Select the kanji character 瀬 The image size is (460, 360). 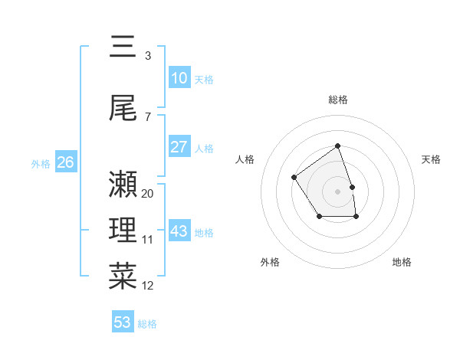(123, 185)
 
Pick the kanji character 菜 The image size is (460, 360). (123, 276)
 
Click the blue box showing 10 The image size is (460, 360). (179, 78)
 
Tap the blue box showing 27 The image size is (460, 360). (179, 147)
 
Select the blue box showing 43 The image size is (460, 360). (179, 231)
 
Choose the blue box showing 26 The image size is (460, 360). (65, 162)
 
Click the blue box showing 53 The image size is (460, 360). (123, 322)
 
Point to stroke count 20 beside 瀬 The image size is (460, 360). (148, 194)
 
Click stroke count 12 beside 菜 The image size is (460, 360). (148, 286)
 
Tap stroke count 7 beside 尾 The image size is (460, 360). (148, 116)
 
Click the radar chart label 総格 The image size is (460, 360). (338, 100)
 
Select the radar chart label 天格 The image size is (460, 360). (431, 159)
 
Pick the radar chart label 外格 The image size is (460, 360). (270, 262)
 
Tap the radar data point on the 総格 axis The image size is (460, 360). (337, 146)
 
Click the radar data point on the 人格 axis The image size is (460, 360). (294, 178)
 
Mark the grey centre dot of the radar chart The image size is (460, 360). (337, 191)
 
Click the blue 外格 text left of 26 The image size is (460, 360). (41, 163)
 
